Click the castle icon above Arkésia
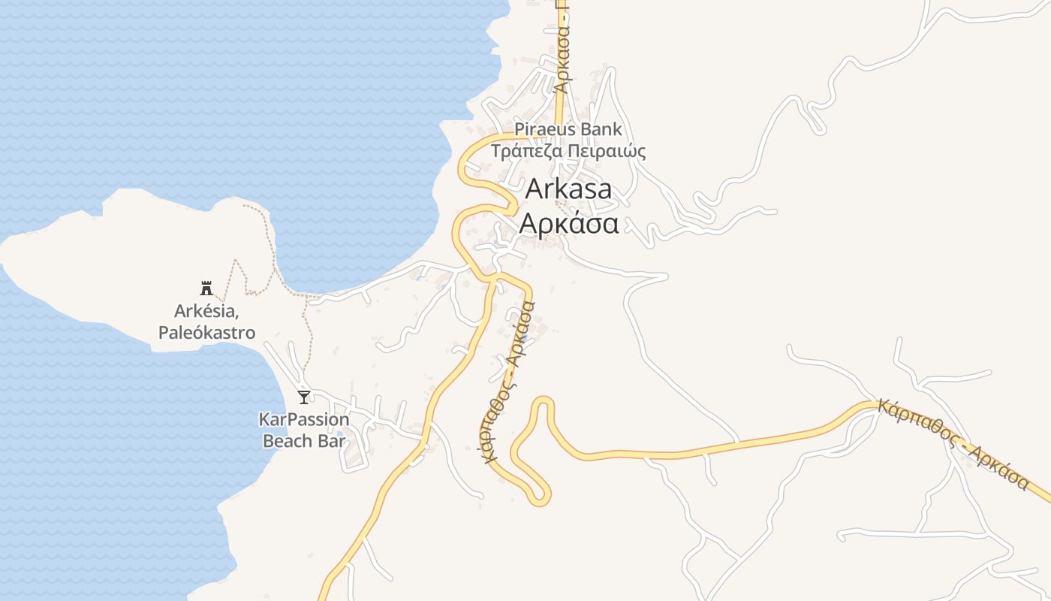206,287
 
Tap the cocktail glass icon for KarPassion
304,397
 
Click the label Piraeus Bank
568,129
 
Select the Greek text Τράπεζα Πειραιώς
568,151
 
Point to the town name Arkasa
568,189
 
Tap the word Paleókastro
206,333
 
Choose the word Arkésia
205,310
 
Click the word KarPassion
304,419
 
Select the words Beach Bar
304,440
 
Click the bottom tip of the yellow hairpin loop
538,500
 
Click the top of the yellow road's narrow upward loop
544,400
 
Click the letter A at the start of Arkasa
534,189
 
